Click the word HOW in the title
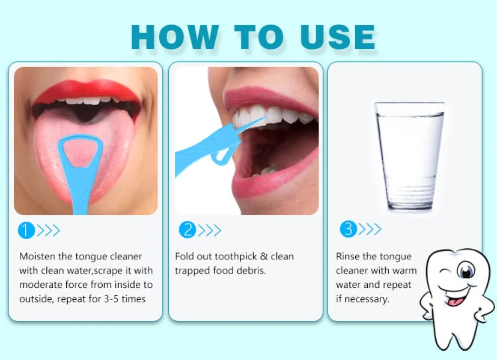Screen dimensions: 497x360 coord(175,37)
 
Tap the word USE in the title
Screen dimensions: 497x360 coord(338,37)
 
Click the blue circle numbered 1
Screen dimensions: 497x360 coord(26,230)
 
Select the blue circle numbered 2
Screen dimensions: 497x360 coord(187,229)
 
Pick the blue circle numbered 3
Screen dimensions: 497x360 coord(348,229)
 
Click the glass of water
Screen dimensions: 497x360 coord(409,156)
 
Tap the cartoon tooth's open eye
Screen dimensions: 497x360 coord(466,271)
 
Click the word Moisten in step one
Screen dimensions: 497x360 coord(37,256)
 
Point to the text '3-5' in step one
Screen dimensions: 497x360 coord(111,299)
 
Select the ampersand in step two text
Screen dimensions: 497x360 coord(264,256)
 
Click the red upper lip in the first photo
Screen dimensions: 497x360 coord(87,91)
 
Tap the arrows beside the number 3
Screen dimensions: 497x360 coord(369,229)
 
